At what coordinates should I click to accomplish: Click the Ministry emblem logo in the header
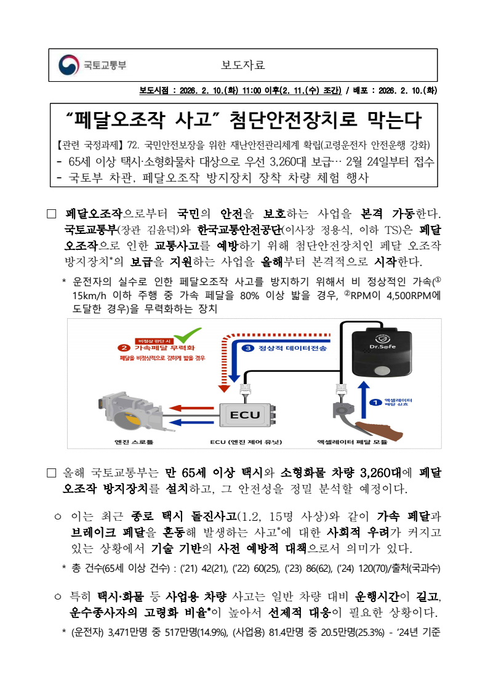pyautogui.click(x=68, y=65)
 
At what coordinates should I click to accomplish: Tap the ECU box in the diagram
pyautogui.click(x=245, y=415)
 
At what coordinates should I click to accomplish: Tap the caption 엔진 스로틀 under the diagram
pyautogui.click(x=134, y=442)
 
